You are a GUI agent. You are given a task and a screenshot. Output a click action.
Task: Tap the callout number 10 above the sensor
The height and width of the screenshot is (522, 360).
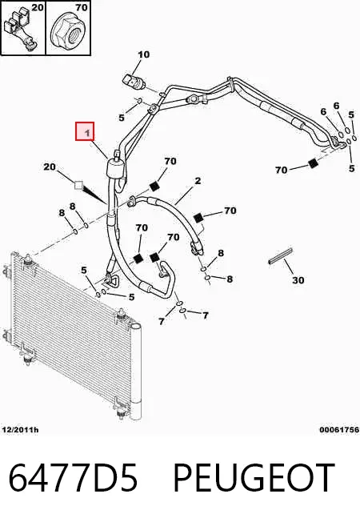tap(144, 54)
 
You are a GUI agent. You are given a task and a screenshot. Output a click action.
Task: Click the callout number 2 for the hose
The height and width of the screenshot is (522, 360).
tap(198, 181)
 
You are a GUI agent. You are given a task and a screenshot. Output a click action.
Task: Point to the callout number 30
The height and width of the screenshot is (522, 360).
tap(298, 280)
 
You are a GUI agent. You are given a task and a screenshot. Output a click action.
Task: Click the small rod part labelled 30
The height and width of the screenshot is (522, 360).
tap(281, 255)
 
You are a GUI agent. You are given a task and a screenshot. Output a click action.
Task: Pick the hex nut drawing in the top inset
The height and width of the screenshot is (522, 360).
tap(68, 30)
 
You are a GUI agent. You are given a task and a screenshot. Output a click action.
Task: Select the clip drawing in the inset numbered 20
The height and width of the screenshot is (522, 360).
tap(22, 30)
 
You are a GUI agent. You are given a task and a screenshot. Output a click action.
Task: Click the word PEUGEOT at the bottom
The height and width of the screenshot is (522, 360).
tap(254, 477)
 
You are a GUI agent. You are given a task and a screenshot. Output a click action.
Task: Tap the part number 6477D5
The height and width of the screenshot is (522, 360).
tap(73, 477)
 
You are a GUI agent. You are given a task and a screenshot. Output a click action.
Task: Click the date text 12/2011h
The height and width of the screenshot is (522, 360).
tap(20, 430)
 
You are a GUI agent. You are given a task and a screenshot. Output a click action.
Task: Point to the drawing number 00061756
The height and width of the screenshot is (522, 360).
tap(339, 430)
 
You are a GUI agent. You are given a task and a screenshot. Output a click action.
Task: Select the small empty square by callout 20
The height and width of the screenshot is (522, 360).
tap(79, 185)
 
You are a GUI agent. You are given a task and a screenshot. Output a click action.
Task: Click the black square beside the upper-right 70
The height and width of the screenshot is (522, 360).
tap(313, 164)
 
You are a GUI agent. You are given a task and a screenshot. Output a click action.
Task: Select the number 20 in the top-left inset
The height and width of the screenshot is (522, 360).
tap(38, 7)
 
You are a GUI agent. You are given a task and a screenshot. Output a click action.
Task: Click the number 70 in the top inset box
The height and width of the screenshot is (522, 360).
tap(82, 7)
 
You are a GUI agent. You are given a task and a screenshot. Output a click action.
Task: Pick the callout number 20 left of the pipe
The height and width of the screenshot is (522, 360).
tap(50, 166)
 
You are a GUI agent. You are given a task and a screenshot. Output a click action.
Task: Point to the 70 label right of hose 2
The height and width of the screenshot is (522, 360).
tap(230, 211)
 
